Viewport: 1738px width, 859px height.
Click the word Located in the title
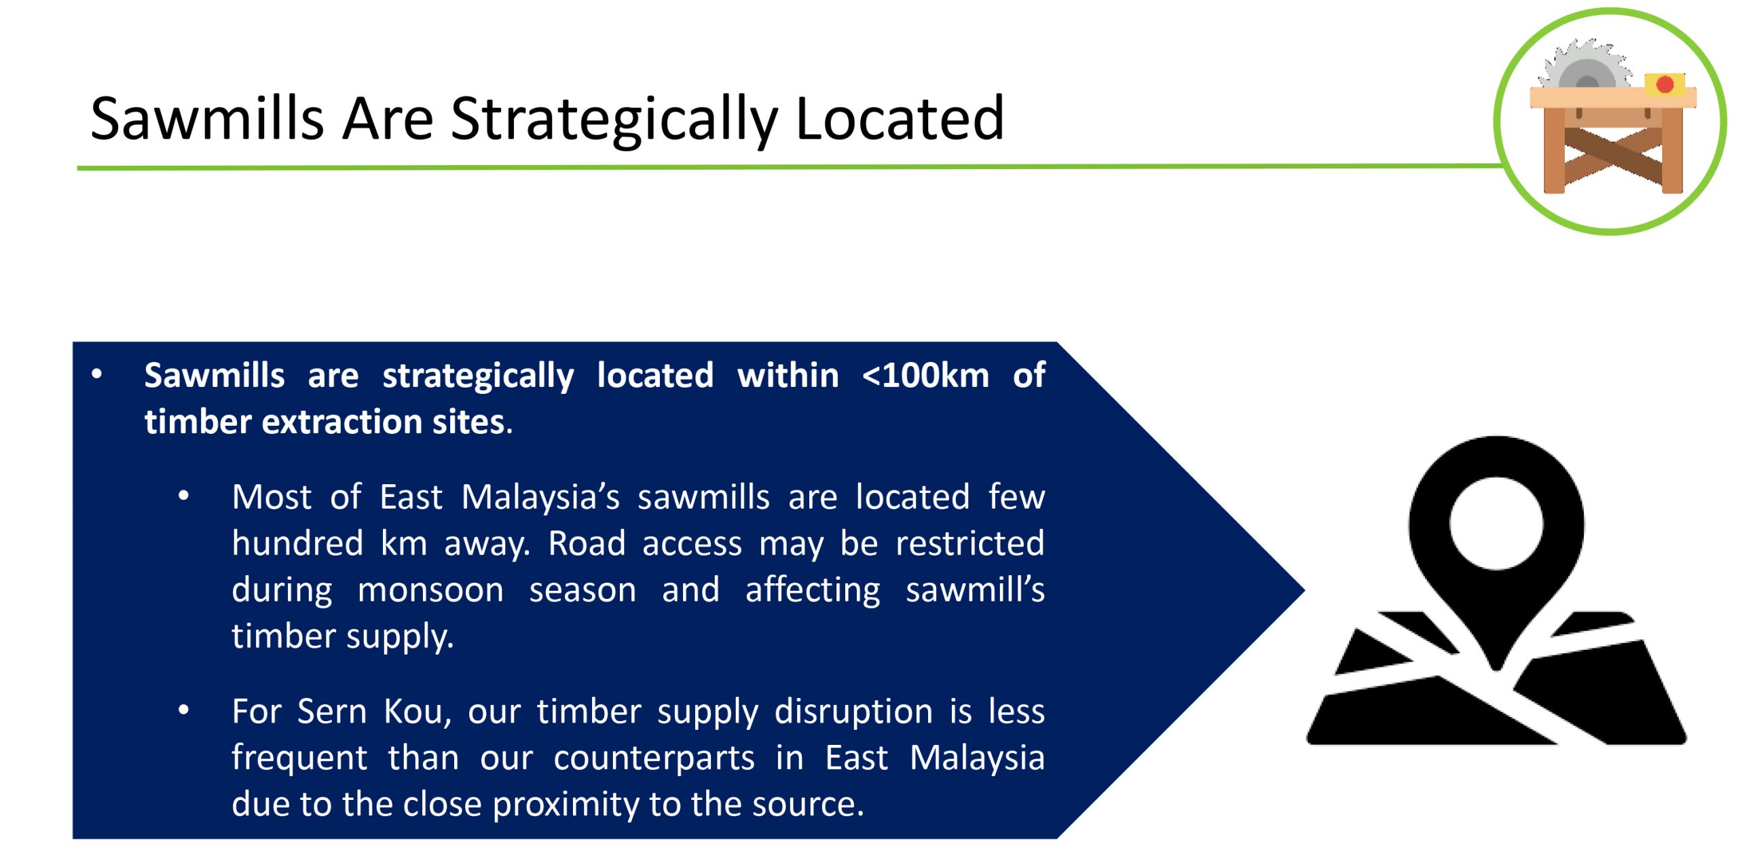tap(900, 117)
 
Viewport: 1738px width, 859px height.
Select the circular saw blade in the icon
tap(1586, 65)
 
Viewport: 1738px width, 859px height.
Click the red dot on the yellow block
tap(1665, 84)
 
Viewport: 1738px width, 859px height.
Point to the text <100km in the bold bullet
tap(925, 376)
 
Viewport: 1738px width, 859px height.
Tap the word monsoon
tap(430, 590)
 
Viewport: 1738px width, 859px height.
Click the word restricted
tap(969, 543)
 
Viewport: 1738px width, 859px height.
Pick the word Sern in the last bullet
tap(331, 712)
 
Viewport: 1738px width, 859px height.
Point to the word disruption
tap(853, 712)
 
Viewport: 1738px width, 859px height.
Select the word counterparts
tap(654, 759)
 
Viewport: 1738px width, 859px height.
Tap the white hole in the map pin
tap(1496, 523)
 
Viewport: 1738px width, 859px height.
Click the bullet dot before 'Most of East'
tap(183, 496)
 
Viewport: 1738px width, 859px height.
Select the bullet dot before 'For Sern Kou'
tap(183, 711)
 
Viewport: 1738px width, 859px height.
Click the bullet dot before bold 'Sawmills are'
tap(97, 374)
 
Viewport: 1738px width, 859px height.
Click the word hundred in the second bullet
tap(297, 543)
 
